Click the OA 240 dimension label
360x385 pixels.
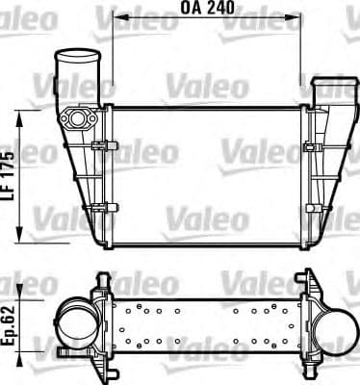click(209, 8)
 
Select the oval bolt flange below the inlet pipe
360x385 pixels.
click(76, 118)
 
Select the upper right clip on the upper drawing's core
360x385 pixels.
click(312, 146)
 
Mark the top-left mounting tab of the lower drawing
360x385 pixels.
click(100, 280)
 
